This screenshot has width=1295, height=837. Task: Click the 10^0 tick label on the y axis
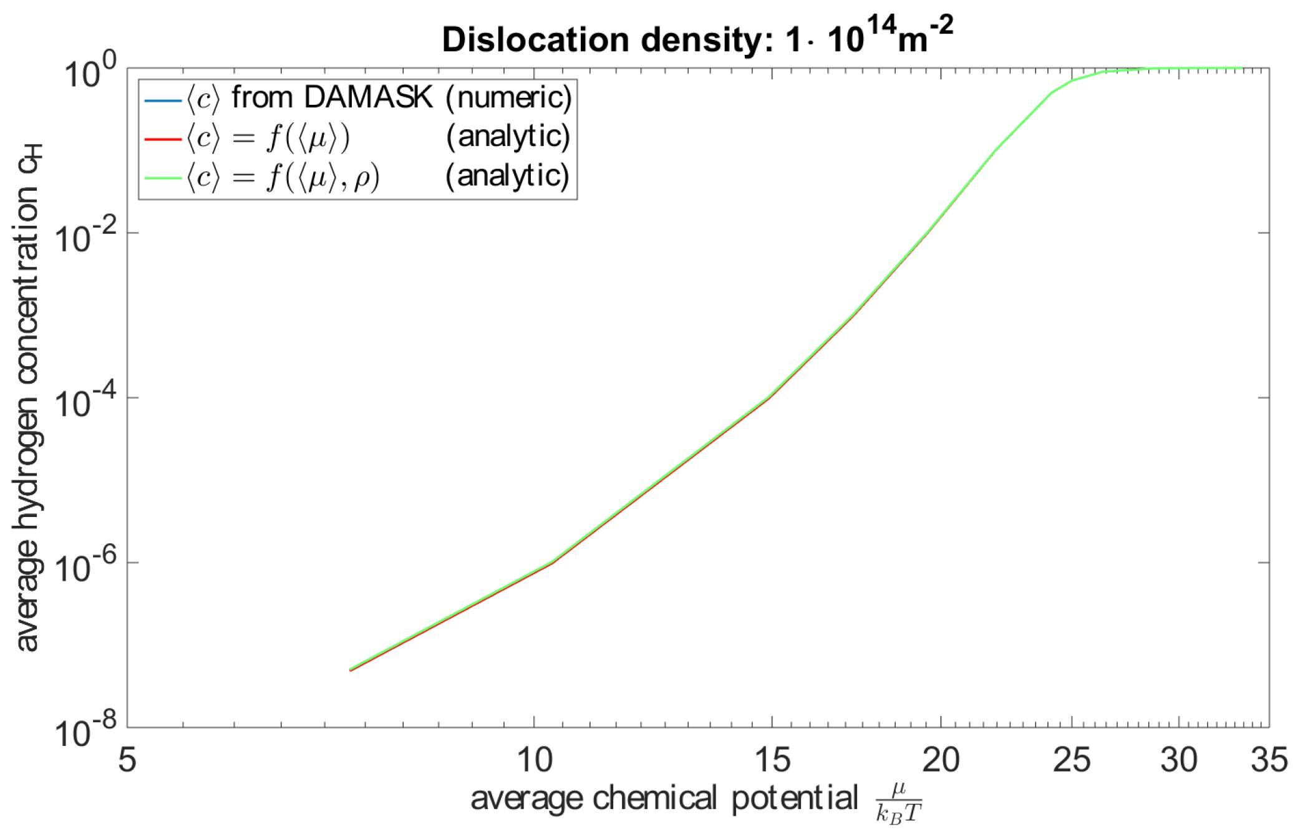[x=90, y=72]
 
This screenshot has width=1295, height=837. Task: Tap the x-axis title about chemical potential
[x=696, y=801]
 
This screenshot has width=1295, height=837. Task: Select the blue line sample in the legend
[x=163, y=99]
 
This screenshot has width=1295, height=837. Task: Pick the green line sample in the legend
[x=163, y=178]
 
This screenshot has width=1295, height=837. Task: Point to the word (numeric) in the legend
[x=508, y=98]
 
